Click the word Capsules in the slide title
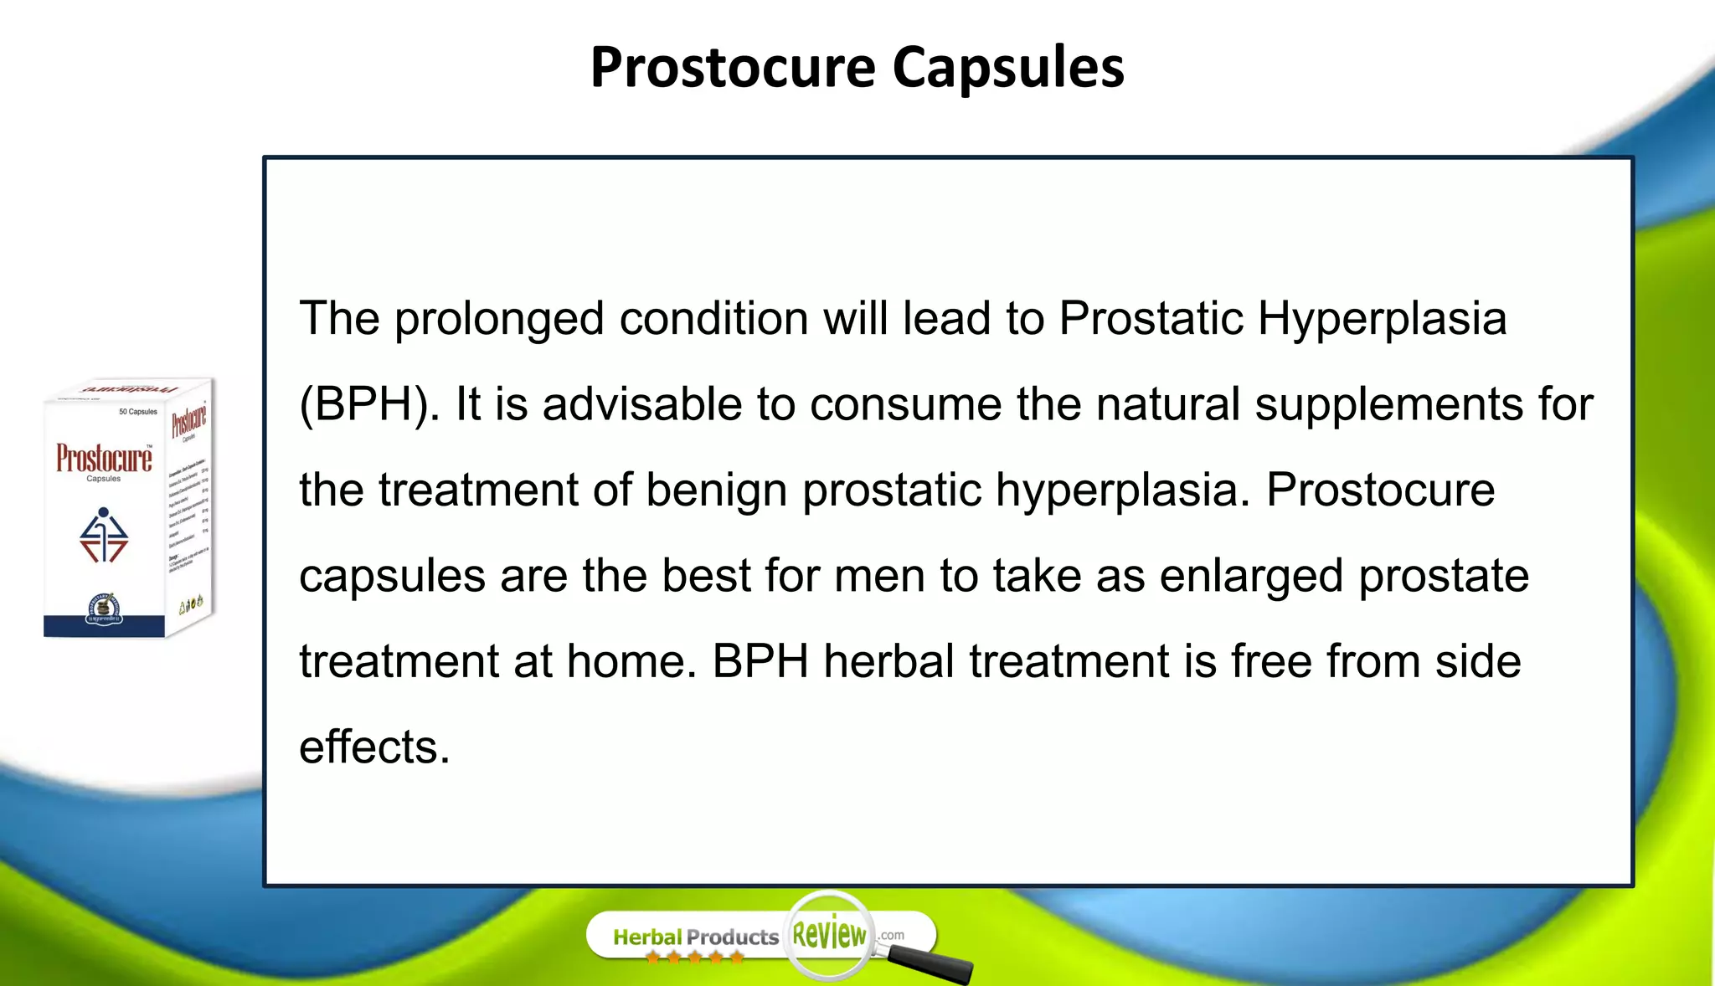[1008, 67]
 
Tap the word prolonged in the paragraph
[499, 319]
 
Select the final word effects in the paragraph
[374, 747]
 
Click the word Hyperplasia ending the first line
[1382, 319]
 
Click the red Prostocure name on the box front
[104, 459]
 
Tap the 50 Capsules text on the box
[137, 412]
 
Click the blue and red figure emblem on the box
[104, 536]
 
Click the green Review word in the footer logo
[829, 934]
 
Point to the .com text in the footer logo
[891, 935]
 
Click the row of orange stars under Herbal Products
[694, 958]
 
